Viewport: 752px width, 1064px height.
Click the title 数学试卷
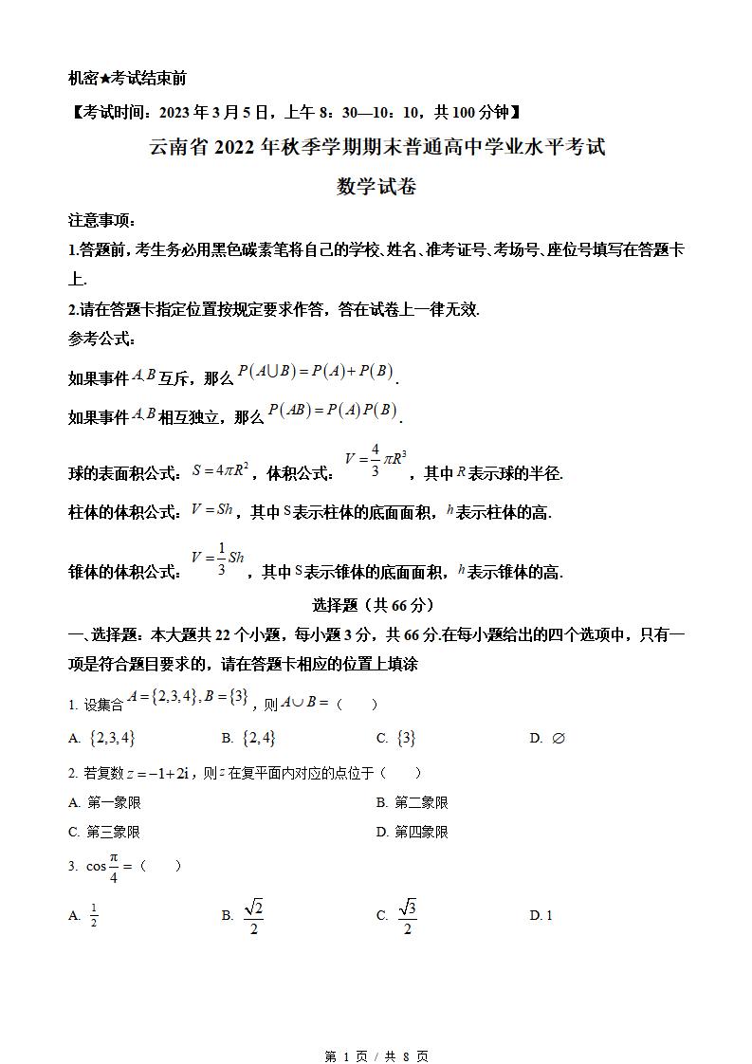376,186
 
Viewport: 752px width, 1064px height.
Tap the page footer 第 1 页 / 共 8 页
376,1055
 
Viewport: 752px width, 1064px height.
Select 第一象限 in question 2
114,802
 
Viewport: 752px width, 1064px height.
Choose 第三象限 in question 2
114,832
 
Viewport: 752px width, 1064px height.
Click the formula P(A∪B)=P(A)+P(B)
316,373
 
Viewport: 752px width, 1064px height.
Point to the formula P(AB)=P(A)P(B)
332,411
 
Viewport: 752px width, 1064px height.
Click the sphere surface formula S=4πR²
220,469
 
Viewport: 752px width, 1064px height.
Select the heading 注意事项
101,219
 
